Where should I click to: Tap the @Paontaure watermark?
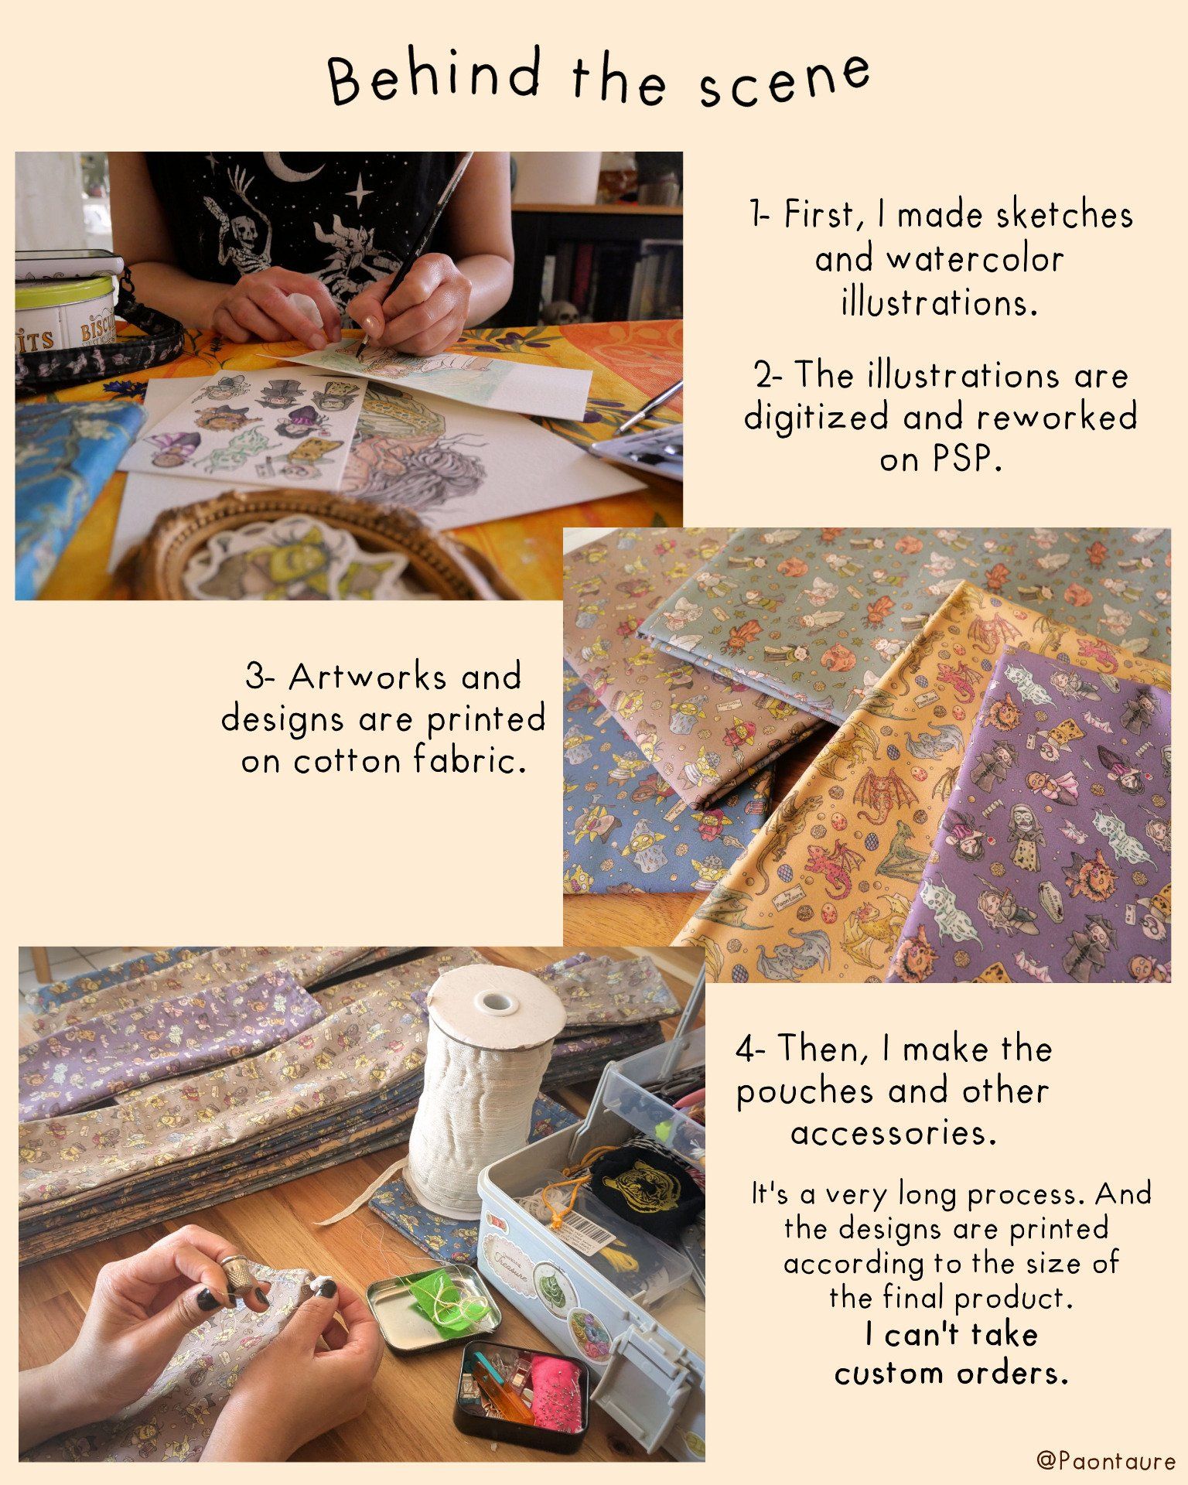point(1105,1460)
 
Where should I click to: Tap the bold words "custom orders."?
point(951,1374)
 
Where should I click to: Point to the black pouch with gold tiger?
point(646,1179)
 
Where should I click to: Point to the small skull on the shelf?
point(565,313)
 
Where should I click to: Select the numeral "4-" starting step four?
point(750,1050)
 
